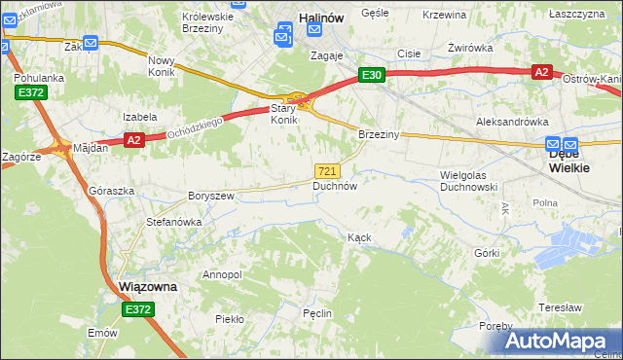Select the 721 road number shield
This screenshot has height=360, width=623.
(x=328, y=170)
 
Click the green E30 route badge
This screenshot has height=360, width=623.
(x=371, y=74)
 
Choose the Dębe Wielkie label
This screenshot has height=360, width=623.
(x=568, y=161)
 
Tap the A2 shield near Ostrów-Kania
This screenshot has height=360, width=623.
(x=542, y=72)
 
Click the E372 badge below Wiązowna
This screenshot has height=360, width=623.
(x=138, y=309)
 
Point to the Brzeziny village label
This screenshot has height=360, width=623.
(x=379, y=134)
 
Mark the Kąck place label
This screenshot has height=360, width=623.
(x=360, y=237)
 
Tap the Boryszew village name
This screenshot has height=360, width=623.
(x=211, y=196)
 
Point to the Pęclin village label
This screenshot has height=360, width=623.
(x=317, y=313)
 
